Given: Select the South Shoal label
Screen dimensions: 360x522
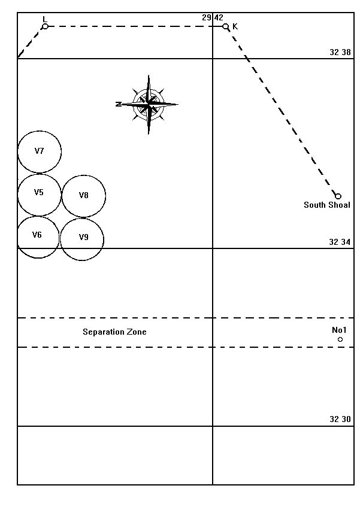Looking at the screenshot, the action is pos(326,205).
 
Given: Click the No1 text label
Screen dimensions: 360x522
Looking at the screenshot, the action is pos(339,330).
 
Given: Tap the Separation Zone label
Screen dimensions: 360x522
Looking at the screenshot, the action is pos(114,332).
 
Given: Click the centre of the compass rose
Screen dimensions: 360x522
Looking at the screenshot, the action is pos(148,104).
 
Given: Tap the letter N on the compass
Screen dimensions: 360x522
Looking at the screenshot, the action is pos(118,104).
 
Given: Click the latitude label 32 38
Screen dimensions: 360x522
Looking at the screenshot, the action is pos(340,52).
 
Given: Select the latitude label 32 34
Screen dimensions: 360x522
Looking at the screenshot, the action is pos(340,242).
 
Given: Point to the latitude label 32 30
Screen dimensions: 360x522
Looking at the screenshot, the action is pos(340,419).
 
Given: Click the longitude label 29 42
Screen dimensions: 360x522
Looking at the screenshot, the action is pos(213,17).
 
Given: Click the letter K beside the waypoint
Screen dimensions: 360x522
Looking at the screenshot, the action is pos(235,26).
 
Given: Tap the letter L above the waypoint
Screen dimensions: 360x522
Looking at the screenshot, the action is pos(45,19).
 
